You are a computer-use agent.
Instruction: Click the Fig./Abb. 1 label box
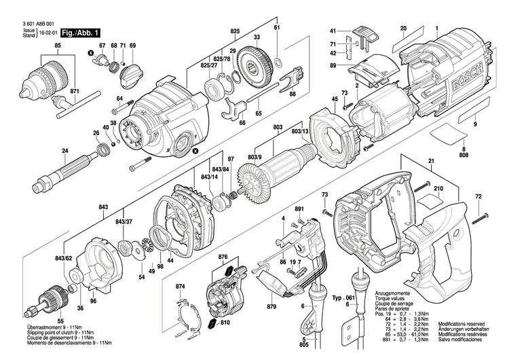click(81, 33)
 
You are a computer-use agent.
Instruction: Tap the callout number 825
click(235, 31)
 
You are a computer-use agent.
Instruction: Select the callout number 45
click(335, 101)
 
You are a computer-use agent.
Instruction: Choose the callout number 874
click(180, 287)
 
